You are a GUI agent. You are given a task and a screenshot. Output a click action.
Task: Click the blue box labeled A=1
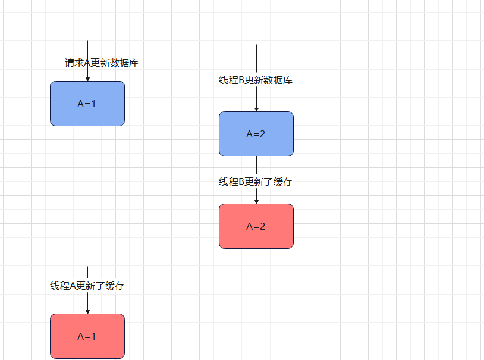tap(87, 104)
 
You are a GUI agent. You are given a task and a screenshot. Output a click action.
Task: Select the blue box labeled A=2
tap(256, 134)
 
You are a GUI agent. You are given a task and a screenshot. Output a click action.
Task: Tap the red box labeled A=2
tap(256, 226)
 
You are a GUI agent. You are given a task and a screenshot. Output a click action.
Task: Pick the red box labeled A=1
tap(87, 336)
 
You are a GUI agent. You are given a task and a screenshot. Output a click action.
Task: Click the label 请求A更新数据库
tap(102, 63)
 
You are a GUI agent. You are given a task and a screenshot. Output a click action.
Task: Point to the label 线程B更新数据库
tap(256, 81)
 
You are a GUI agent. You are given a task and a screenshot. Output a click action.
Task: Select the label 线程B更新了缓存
tap(256, 182)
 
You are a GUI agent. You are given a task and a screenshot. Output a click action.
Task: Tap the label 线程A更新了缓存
tap(87, 286)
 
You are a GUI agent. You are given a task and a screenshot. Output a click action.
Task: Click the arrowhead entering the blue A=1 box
tap(87, 79)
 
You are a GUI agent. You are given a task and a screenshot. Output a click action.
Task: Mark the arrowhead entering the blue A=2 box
tap(256, 109)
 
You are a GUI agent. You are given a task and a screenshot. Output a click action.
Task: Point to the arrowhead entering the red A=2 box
tap(256, 201)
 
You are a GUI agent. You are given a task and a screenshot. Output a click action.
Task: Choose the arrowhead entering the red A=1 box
tap(87, 311)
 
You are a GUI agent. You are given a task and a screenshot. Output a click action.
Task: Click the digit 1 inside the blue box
tap(93, 104)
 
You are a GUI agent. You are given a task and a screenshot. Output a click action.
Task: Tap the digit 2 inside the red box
tap(262, 226)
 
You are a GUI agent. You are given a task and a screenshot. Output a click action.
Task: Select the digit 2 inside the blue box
tap(262, 134)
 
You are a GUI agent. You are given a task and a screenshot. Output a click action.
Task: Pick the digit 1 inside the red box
tap(93, 336)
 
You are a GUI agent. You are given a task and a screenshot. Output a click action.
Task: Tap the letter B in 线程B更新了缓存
tap(242, 182)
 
